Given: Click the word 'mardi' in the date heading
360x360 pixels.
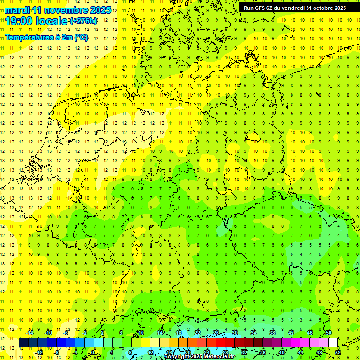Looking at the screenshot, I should pos(17,10).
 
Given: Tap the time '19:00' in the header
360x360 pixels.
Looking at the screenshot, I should pos(19,21).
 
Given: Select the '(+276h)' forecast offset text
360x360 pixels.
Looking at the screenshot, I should pos(83,21).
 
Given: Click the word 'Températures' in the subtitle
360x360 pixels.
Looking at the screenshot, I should pos(26,37).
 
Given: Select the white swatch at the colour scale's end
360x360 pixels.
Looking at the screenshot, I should pos(333,342).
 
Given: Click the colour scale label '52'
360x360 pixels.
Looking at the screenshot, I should pos(338,352).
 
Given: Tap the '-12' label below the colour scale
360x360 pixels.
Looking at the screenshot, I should pos(39,352).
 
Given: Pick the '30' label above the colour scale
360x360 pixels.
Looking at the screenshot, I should pos(234,332).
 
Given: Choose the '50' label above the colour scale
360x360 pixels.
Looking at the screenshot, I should pos(328,332).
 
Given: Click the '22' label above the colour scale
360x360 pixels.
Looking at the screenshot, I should pos(197,332).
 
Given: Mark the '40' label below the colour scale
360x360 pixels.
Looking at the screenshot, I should pos(281,352).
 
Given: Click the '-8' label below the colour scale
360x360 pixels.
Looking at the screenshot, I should pos(57,352).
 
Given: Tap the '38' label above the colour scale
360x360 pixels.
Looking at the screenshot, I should pos(272,332).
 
